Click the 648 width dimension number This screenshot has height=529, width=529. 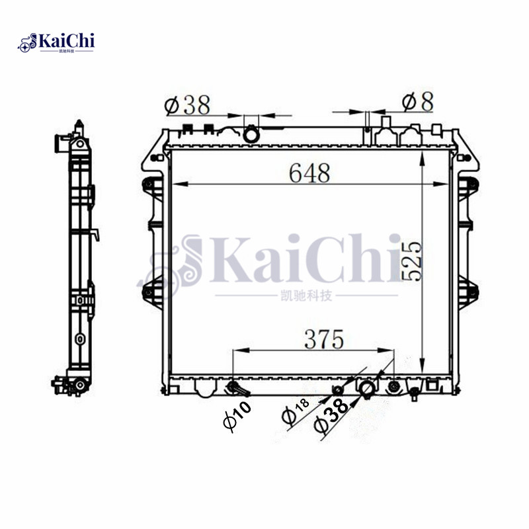point(309,173)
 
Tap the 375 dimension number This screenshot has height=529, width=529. point(324,339)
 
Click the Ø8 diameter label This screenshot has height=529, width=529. point(417,102)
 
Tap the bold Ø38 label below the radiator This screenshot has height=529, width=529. point(335,415)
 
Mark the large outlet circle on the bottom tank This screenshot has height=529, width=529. point(366,388)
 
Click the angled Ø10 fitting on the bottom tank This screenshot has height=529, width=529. point(235,387)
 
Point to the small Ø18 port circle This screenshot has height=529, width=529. point(337,389)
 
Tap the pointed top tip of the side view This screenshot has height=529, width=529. point(79,122)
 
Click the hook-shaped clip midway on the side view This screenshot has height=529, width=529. point(96,234)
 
